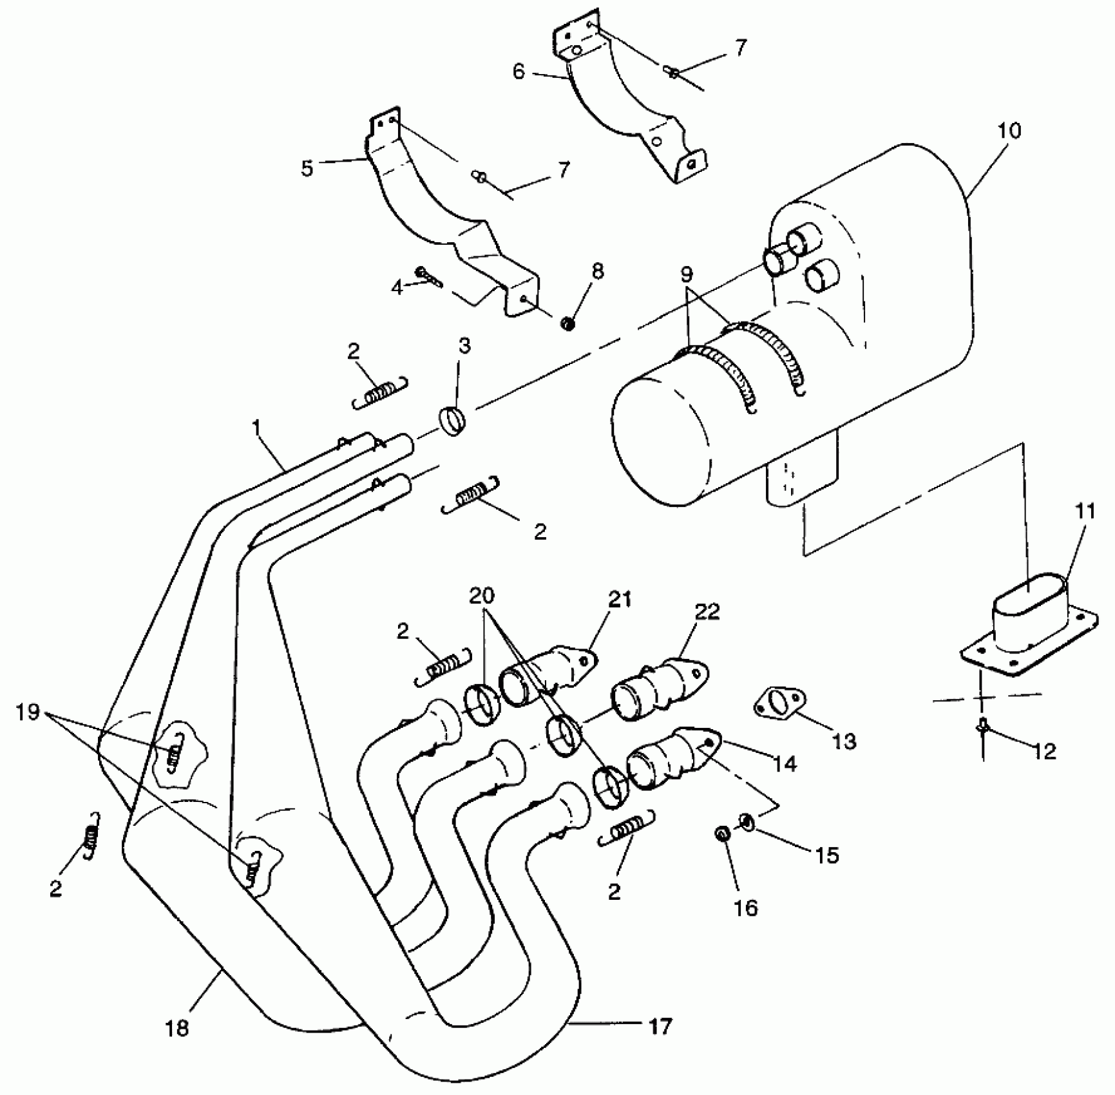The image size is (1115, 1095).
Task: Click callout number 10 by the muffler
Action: [1009, 131]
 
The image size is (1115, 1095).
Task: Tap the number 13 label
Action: [844, 741]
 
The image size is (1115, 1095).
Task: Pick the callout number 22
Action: [707, 611]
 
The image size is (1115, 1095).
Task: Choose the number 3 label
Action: [464, 346]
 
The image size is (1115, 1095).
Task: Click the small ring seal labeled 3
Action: [453, 422]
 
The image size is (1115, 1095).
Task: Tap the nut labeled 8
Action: [567, 323]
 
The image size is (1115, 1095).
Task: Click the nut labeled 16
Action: [722, 833]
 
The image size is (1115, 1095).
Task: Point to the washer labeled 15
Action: [748, 822]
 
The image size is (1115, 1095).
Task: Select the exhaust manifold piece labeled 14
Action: [670, 757]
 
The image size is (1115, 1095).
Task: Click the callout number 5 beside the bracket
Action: [307, 169]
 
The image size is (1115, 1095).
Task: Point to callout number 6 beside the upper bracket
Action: [519, 71]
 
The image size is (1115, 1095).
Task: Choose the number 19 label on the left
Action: [28, 712]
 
